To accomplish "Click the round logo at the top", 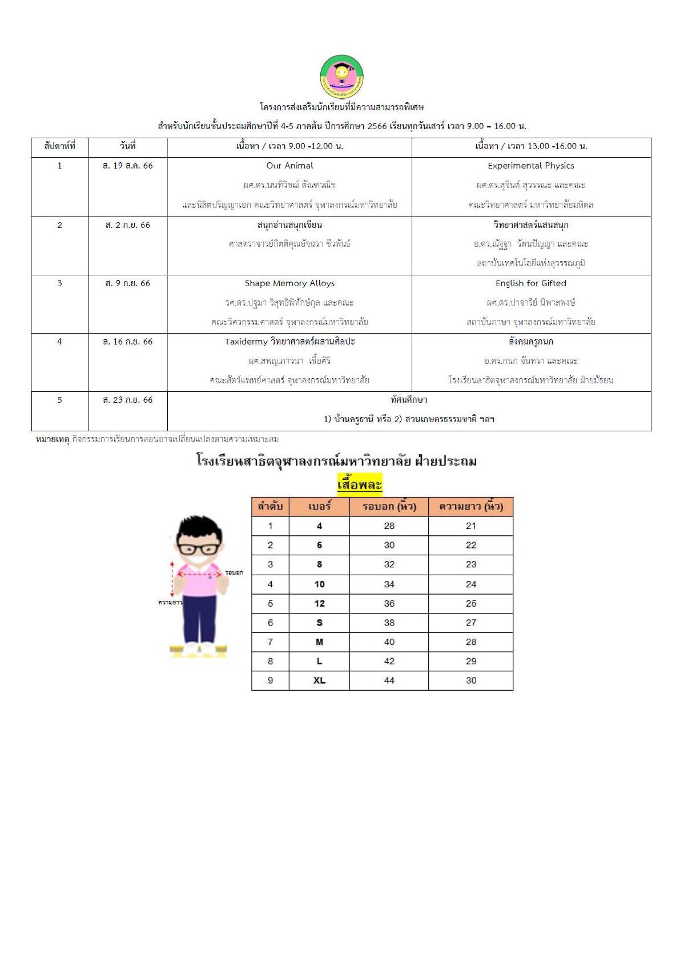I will coord(341,77).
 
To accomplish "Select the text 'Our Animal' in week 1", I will coord(289,166).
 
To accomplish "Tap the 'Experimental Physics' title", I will coord(530,166).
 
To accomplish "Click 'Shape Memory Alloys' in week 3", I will coord(289,283).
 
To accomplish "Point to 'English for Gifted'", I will coord(530,283).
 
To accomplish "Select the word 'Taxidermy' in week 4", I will coord(246,342).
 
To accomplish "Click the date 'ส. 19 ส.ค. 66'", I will coord(127,166).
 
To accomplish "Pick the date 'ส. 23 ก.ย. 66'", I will coord(127,400).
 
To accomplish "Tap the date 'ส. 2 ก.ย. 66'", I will coord(127,225).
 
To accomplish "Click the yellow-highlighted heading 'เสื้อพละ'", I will coord(359,484).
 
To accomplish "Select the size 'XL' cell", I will coord(319,680).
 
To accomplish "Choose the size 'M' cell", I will coord(319,642).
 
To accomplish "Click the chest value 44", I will coord(389,680).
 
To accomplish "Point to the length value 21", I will coord(470,526).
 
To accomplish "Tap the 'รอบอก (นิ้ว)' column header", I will coord(389,507).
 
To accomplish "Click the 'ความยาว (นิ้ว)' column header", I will coord(470,507).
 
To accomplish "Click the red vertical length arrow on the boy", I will coord(172,579).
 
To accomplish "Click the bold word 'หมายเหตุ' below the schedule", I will coord(52,439).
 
